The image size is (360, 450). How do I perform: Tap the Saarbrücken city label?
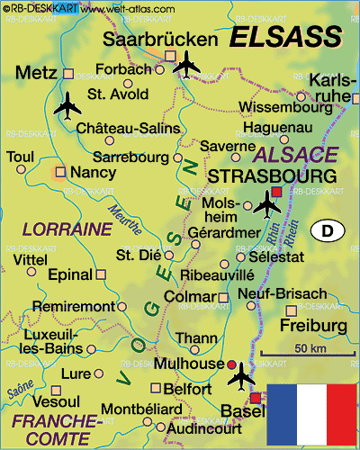click(161, 40)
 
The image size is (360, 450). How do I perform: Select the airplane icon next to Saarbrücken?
click(187, 64)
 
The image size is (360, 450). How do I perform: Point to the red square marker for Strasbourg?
click(276, 192)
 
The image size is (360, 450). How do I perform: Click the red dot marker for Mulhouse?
click(231, 364)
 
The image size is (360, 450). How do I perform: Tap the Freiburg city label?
click(313, 324)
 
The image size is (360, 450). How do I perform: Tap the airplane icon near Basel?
click(241, 380)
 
